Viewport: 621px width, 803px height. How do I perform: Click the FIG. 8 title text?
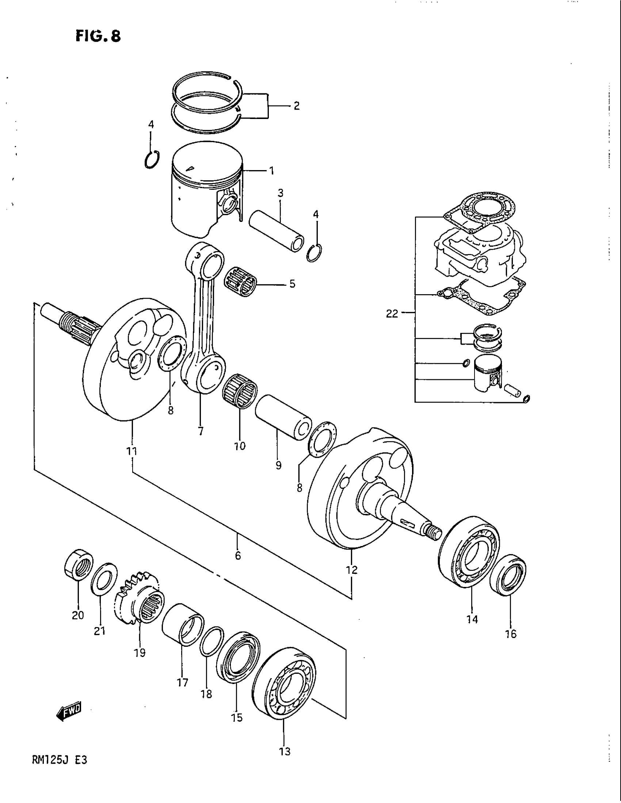pyautogui.click(x=98, y=36)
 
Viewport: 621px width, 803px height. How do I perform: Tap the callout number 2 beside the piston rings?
pyautogui.click(x=296, y=106)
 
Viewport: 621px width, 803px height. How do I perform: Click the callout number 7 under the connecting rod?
pyautogui.click(x=201, y=431)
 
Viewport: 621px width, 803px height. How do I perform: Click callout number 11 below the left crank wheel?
pyautogui.click(x=132, y=451)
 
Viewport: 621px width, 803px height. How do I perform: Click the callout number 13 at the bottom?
pyautogui.click(x=285, y=752)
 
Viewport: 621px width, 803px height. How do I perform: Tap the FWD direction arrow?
pyautogui.click(x=69, y=713)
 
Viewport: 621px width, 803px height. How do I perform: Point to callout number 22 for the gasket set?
pyautogui.click(x=392, y=314)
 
